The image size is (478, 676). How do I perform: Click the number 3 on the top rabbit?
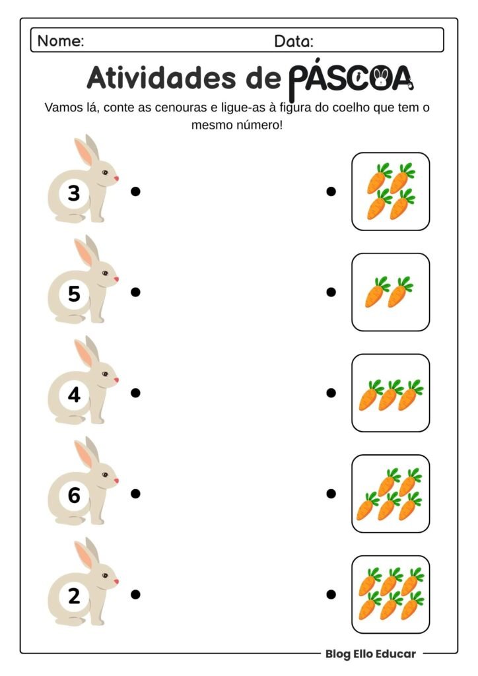click(74, 193)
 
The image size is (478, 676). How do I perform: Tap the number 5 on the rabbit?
click(74, 294)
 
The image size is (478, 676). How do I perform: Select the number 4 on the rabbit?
click(74, 395)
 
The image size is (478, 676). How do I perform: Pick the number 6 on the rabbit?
click(74, 495)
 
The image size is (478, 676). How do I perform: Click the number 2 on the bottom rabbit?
click(74, 596)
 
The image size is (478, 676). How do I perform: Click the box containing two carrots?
click(390, 292)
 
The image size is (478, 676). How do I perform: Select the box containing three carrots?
click(390, 393)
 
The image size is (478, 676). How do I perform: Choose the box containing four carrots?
click(390, 191)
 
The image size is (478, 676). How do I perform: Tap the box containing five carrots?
click(390, 493)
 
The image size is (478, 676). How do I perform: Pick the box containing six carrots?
click(390, 594)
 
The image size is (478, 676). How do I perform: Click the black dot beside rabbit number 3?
click(135, 191)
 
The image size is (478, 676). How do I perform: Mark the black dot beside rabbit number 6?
click(135, 493)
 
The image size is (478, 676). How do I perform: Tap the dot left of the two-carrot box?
click(331, 292)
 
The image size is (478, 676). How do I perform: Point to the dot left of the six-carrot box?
click(331, 594)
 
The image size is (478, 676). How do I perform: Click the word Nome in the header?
click(61, 41)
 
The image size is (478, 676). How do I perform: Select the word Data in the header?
click(294, 41)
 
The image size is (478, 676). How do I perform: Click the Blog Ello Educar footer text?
click(370, 654)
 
